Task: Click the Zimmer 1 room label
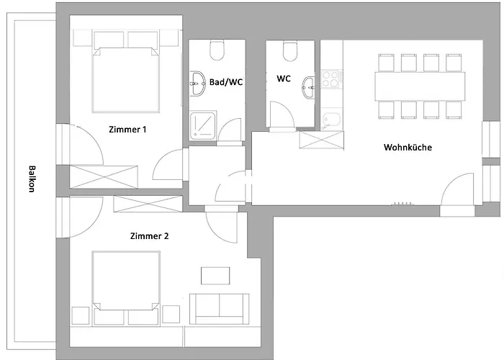pos(127,130)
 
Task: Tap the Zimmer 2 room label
pos(149,236)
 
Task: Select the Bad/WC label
pos(226,82)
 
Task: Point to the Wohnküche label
pos(408,147)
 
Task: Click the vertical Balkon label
pos(32,179)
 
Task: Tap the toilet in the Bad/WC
pos(217,50)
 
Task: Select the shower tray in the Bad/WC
pos(203,126)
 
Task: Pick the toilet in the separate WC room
pos(290,51)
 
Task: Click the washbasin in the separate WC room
pos(309,87)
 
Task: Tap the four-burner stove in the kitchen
pos(332,78)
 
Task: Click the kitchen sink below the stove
pos(332,120)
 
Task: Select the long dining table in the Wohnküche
pos(420,86)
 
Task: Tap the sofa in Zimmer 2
pos(219,309)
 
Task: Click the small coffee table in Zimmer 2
pos(215,276)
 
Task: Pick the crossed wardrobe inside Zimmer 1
pos(104,177)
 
